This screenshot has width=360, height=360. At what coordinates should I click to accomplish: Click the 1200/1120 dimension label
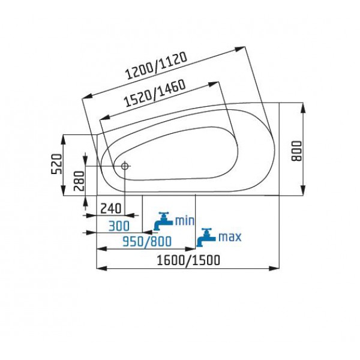(x=157, y=65)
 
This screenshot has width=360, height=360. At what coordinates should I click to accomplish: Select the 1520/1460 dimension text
(x=155, y=93)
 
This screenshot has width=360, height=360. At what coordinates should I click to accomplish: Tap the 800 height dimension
(x=296, y=151)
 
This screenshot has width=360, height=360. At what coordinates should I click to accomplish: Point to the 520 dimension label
(x=56, y=164)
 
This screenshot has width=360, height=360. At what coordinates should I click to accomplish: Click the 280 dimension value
(x=80, y=181)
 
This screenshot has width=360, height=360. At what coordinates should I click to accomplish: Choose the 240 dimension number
(x=111, y=208)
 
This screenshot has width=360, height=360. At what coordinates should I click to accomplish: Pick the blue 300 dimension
(x=119, y=226)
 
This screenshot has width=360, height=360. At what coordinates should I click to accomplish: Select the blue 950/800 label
(x=147, y=242)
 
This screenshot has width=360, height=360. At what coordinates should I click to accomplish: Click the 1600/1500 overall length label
(x=188, y=260)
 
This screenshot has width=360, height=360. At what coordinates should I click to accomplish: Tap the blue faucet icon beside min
(x=163, y=221)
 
